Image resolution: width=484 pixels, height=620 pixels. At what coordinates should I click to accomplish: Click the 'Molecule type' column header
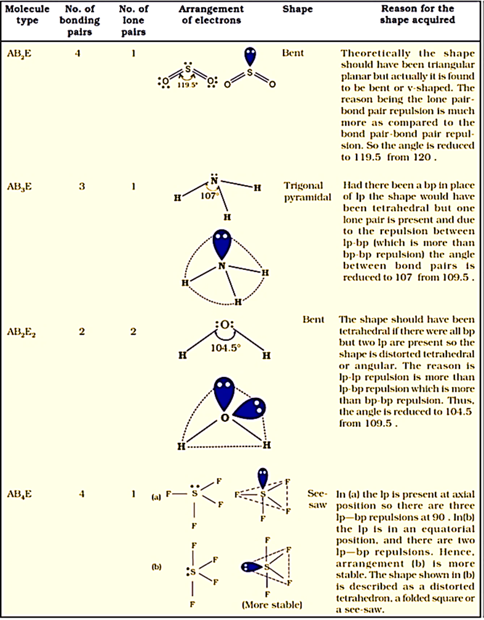[x=25, y=15]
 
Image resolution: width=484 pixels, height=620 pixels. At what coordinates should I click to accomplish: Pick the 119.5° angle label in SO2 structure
[x=188, y=86]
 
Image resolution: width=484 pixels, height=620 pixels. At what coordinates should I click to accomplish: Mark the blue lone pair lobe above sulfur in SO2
[x=250, y=57]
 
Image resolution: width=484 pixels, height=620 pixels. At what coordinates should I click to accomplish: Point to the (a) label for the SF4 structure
[x=157, y=494]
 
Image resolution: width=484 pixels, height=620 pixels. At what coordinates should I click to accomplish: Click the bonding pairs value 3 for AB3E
[x=82, y=185]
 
